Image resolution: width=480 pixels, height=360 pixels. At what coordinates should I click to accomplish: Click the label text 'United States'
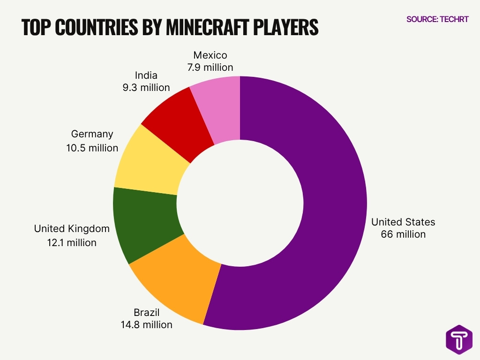coord(403,222)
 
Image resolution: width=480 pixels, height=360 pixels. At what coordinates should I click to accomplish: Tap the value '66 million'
coord(403,234)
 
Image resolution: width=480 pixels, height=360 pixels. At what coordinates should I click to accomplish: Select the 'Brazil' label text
coord(146,312)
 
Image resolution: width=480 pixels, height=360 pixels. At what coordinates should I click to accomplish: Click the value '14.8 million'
coord(146,324)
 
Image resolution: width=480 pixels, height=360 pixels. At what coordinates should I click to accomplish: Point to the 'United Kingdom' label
coord(72,229)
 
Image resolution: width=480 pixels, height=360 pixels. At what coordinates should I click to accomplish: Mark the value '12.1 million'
coord(72,242)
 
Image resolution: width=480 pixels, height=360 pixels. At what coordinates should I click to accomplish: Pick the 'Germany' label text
coord(92,134)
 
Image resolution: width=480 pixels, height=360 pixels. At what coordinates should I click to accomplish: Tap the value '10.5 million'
coord(92,148)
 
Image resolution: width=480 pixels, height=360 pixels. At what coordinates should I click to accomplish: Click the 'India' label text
coord(146,75)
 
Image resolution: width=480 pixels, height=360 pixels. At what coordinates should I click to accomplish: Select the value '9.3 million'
coord(146,87)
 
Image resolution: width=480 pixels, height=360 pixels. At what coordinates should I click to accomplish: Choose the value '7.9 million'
coord(210,67)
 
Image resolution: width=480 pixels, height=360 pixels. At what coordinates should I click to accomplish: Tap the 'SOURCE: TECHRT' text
coord(437,19)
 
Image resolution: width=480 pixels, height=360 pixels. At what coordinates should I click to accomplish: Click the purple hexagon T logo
coord(459,339)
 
